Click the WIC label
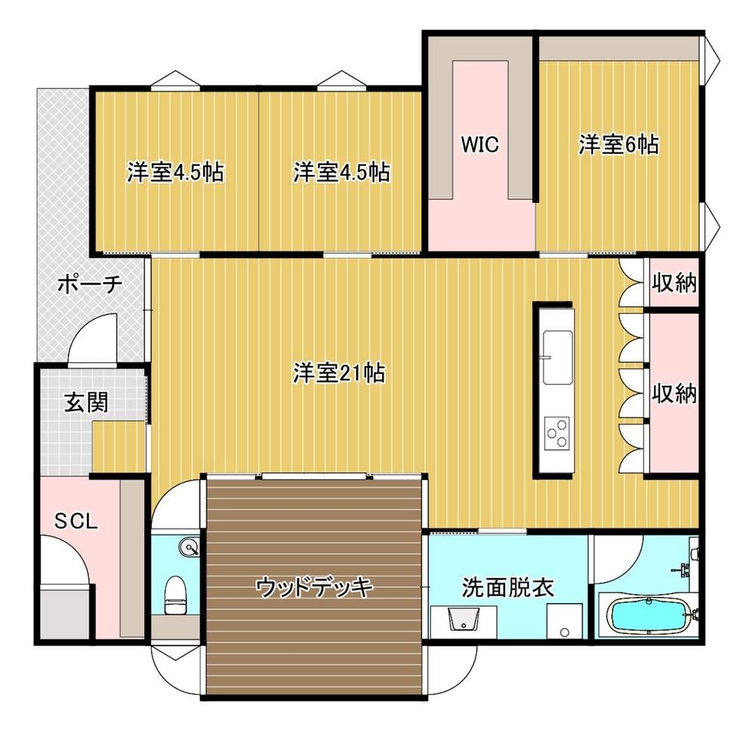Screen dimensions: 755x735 479,144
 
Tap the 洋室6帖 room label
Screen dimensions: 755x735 619,144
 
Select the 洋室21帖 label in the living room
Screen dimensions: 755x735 340,373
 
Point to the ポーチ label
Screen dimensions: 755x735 90,284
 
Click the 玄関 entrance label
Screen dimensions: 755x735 87,402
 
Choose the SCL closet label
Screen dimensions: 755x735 76,521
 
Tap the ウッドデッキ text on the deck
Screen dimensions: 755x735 314,587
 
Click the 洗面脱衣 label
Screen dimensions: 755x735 508,587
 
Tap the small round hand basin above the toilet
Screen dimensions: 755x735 188,547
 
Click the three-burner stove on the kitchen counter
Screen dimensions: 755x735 557,432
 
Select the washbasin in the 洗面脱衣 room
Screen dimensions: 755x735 464,618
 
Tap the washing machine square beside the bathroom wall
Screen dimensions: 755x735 564,621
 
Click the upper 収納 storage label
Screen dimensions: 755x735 674,284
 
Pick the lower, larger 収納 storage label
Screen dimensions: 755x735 674,394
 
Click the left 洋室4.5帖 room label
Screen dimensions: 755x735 175,172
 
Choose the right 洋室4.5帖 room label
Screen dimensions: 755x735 341,172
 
